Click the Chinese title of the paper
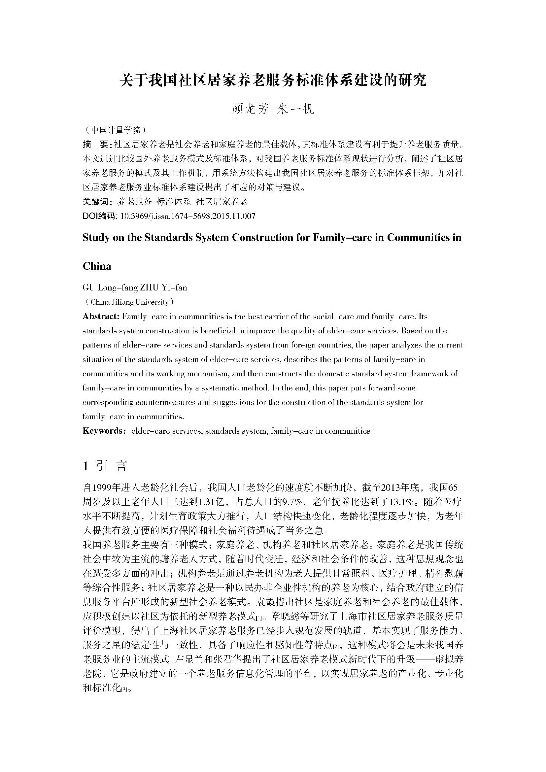point(273,80)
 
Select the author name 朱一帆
point(295,109)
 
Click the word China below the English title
point(97,266)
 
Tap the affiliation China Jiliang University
point(129,302)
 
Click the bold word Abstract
point(101,317)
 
